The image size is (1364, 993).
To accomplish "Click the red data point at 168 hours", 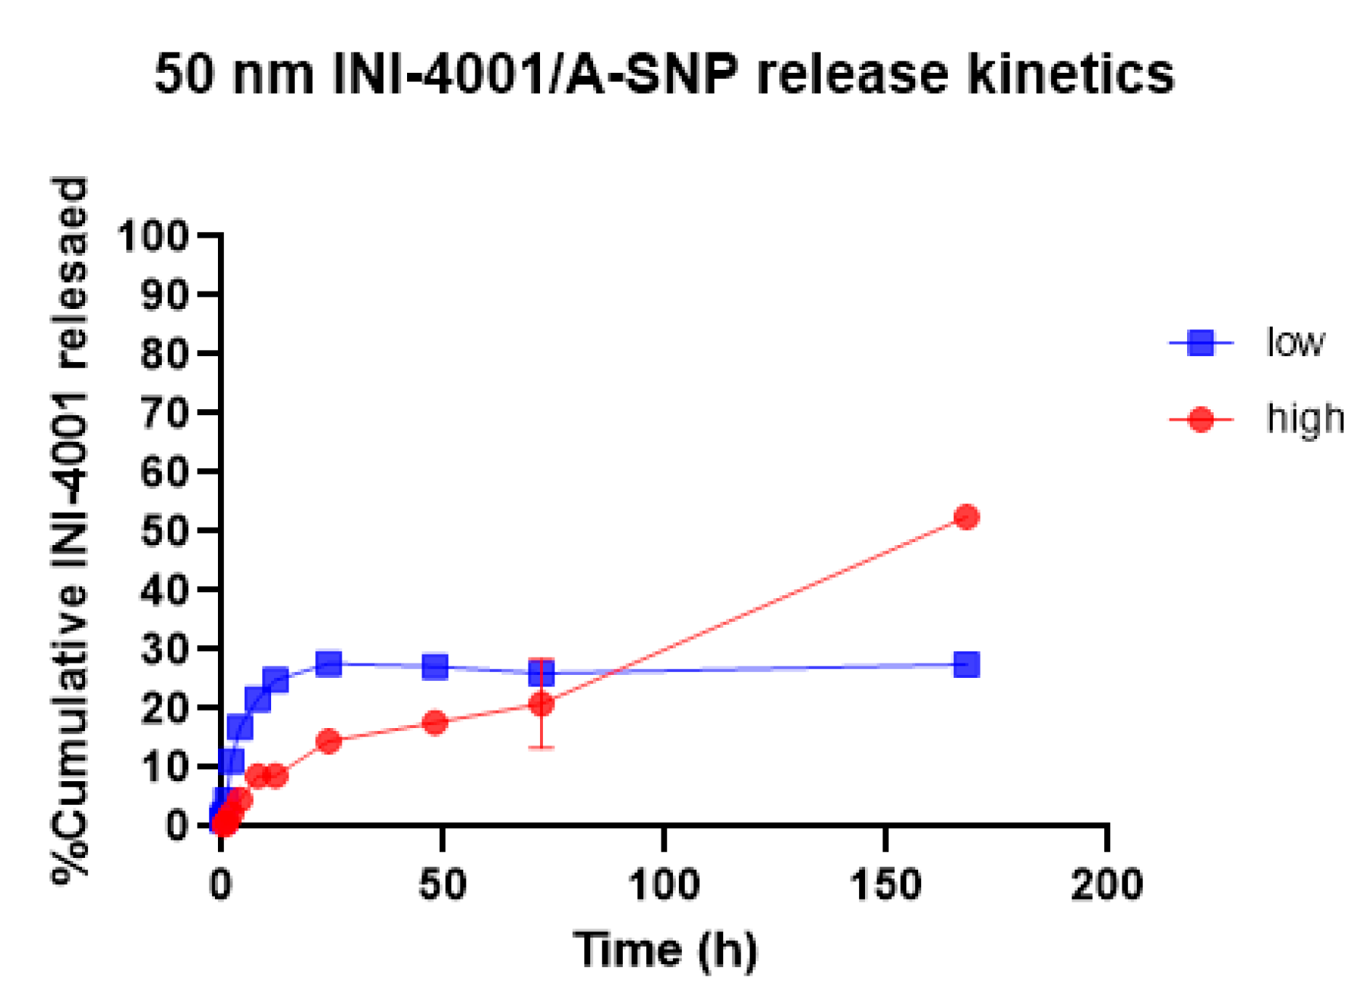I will [965, 517].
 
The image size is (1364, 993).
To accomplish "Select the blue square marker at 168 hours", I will [965, 665].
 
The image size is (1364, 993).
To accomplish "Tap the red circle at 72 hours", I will [541, 705].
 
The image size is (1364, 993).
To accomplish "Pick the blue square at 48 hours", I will [434, 667].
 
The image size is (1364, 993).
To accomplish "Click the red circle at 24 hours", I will [328, 741].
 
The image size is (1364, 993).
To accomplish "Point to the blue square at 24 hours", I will [328, 664].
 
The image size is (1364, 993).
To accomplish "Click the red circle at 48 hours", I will [434, 723].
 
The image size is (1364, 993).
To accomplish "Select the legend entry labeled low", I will [1294, 343].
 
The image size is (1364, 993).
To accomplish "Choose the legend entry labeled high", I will [1304, 419].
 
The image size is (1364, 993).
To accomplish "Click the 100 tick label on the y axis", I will [153, 236].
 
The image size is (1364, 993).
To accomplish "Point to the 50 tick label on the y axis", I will [164, 531].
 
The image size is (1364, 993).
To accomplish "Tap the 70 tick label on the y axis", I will [164, 413].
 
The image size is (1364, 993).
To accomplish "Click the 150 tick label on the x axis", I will [886, 885].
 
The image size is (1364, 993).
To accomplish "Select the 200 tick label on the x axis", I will [1106, 885].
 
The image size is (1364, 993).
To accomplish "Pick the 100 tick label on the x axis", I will [664, 885].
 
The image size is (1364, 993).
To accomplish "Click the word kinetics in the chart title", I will [1071, 74].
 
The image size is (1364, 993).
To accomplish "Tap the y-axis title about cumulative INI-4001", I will [70, 531].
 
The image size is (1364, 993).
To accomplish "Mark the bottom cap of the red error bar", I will [541, 748].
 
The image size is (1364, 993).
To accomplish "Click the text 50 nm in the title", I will [234, 74].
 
